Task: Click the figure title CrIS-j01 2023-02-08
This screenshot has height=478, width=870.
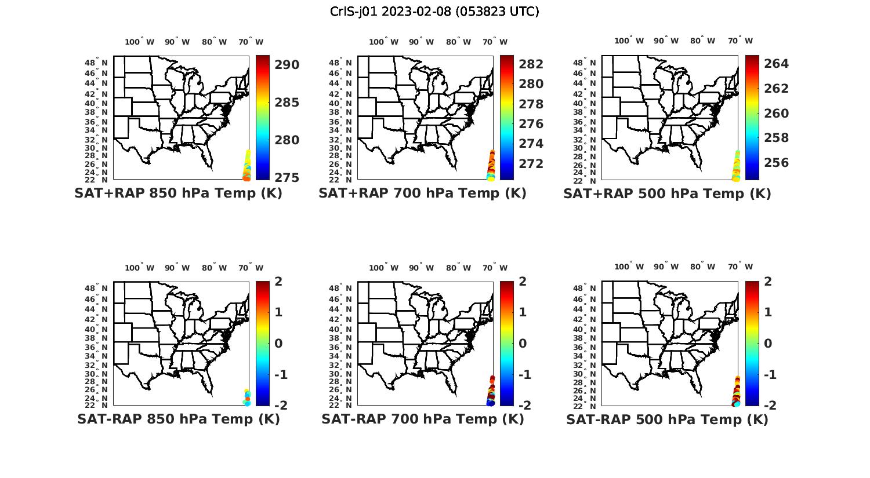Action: (434, 12)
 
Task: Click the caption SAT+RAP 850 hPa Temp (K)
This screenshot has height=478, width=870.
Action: (178, 193)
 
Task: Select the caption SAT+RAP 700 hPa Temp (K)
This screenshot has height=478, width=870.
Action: (422, 193)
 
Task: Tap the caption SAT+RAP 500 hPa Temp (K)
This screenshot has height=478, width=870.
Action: (667, 194)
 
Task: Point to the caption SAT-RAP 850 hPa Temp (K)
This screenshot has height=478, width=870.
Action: (178, 419)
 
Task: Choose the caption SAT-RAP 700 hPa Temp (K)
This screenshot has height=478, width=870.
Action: (422, 419)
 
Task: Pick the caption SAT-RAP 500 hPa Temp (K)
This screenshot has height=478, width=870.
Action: (667, 419)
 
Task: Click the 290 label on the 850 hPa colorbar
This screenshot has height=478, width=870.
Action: (287, 65)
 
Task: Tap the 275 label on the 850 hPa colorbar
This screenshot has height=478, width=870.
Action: (287, 177)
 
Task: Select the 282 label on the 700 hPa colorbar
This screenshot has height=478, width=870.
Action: (531, 64)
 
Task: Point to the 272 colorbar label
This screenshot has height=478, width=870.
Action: (531, 164)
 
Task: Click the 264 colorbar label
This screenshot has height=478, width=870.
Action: (776, 64)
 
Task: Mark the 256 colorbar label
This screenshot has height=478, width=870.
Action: (776, 163)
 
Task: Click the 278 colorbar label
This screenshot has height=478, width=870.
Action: (531, 104)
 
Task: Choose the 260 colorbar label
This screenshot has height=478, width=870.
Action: (776, 114)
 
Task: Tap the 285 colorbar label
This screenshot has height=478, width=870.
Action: (287, 103)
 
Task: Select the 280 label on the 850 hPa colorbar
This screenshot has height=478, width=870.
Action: (287, 140)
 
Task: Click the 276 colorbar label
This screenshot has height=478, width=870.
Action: (531, 124)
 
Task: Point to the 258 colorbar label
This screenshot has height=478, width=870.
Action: (776, 138)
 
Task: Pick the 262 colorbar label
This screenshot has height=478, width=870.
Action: (776, 89)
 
